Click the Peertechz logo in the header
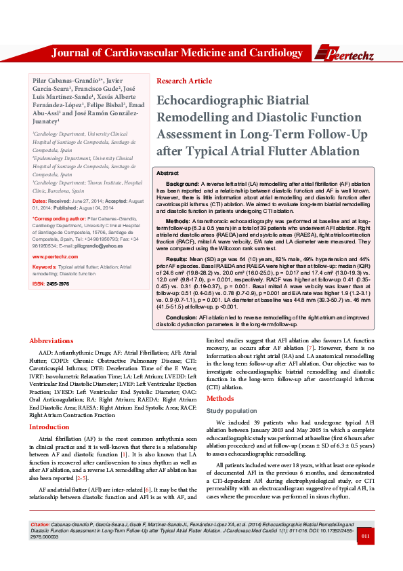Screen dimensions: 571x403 pos(347,53)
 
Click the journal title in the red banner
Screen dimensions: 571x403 pos(177,53)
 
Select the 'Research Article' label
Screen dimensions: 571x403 pos(184,81)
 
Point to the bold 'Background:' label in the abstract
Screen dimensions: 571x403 pos(183,184)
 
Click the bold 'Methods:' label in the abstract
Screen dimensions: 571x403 pos(178,221)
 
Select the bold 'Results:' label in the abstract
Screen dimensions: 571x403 pos(177,259)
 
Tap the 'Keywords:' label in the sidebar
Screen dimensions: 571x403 pos(44,267)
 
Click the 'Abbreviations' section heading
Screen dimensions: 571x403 pos(51,340)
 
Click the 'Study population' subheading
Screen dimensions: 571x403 pos(232,410)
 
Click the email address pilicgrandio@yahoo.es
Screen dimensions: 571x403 pos(80,245)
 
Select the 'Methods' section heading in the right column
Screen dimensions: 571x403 pos(220,398)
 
